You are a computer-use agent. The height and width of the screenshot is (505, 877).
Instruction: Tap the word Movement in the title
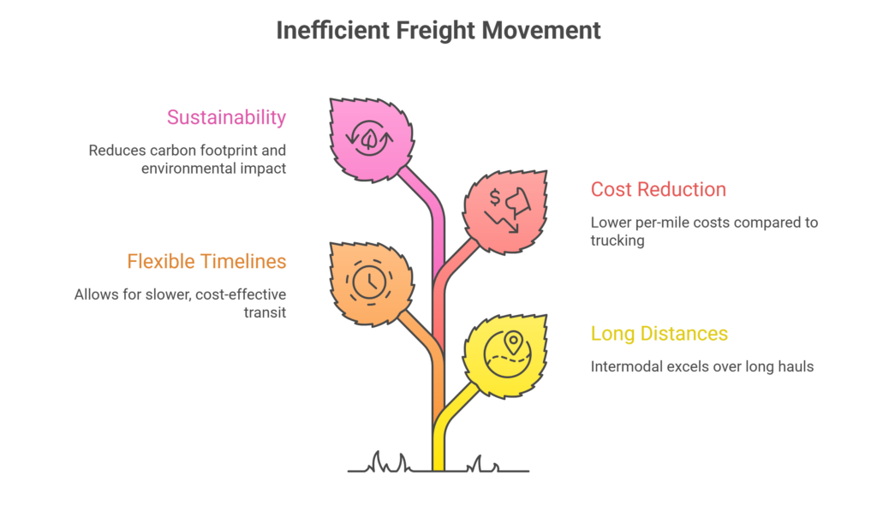541,30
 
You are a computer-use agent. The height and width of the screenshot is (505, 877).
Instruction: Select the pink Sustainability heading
226,117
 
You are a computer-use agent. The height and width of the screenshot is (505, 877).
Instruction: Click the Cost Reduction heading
659,189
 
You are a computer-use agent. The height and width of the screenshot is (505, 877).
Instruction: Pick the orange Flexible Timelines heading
206,262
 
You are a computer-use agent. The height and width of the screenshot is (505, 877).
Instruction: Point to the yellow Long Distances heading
659,334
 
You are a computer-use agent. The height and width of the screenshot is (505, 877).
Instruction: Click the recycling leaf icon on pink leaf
369,138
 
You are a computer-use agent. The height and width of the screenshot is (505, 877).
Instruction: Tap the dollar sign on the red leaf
495,198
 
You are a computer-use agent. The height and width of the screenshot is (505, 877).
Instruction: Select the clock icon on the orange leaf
369,282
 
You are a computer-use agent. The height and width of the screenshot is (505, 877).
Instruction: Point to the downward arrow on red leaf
502,222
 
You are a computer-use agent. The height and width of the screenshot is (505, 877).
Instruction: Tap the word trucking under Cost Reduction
617,241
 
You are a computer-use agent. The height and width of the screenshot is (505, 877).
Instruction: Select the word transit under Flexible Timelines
265,312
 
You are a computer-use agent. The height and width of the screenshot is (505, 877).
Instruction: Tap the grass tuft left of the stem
390,462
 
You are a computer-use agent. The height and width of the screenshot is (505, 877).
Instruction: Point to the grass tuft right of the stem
484,464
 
